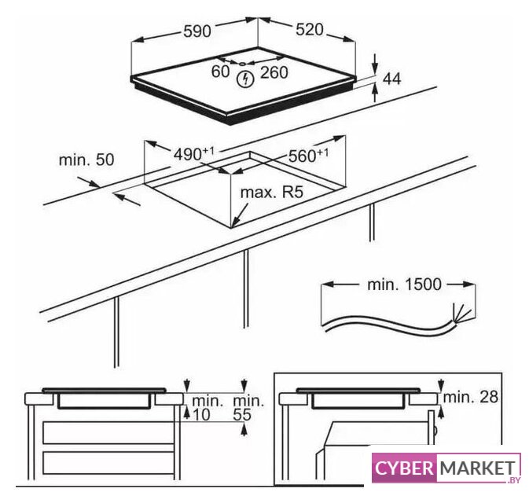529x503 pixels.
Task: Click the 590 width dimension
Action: (x=197, y=31)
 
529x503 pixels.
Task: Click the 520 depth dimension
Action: (x=310, y=30)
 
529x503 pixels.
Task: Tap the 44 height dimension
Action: (x=391, y=79)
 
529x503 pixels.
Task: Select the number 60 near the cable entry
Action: (x=220, y=72)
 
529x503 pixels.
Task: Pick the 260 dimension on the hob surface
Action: (x=274, y=72)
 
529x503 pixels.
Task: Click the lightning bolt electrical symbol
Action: (x=245, y=79)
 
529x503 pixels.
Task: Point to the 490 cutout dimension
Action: (x=193, y=153)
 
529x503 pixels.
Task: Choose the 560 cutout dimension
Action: (x=308, y=155)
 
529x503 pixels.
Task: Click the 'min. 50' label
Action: (x=86, y=160)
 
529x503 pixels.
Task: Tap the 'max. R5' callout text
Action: (x=272, y=193)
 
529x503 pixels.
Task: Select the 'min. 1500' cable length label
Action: (x=404, y=285)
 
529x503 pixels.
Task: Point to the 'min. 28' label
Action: (x=470, y=397)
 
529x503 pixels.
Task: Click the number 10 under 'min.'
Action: (x=201, y=415)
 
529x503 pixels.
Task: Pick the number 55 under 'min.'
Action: (x=242, y=415)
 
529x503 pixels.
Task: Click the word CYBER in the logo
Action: (x=404, y=468)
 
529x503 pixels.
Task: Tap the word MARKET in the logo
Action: (x=478, y=468)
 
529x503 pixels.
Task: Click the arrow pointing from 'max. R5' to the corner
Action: (x=240, y=215)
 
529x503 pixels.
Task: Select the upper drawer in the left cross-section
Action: (x=108, y=432)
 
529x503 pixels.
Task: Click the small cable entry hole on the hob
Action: (x=243, y=63)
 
